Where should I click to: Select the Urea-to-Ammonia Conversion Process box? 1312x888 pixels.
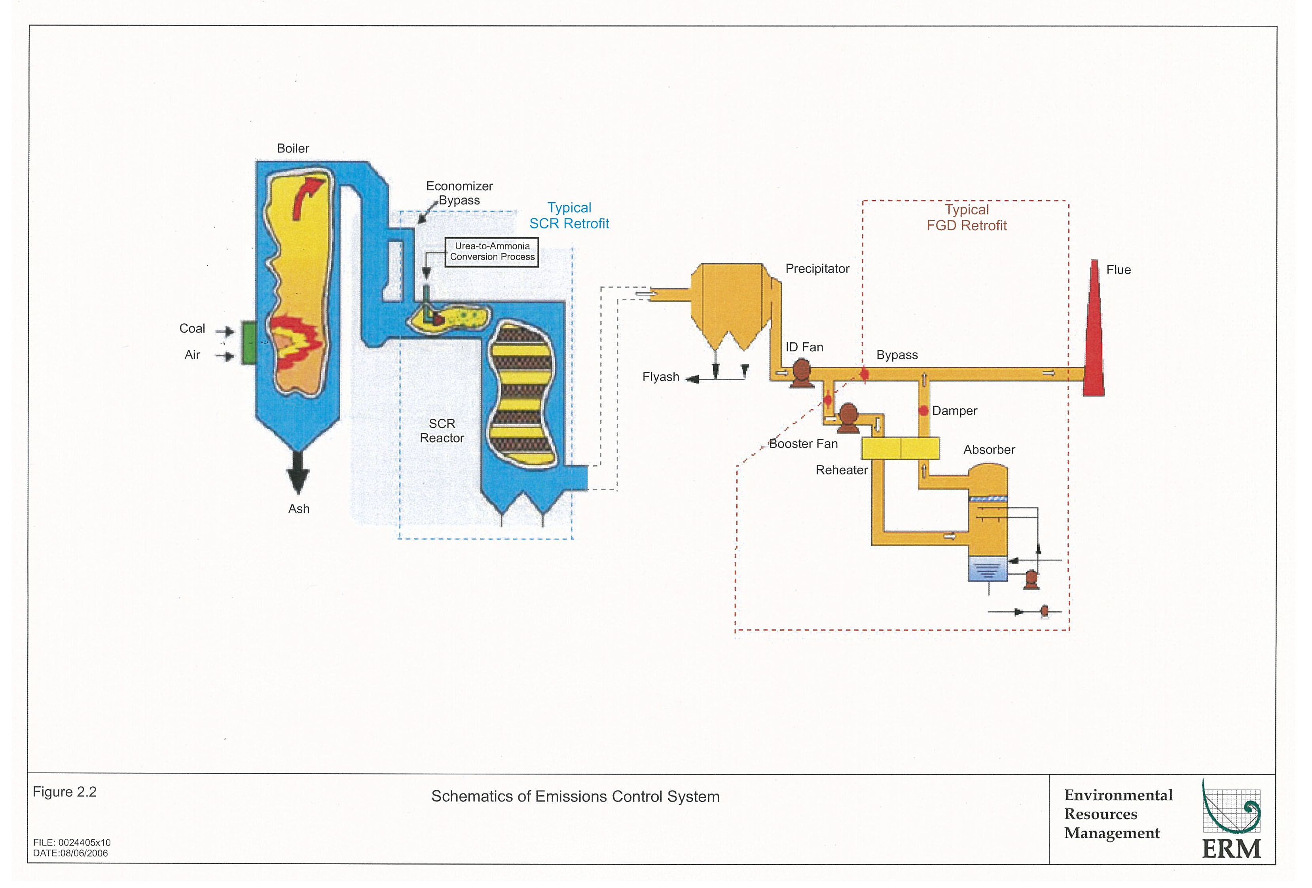(492, 252)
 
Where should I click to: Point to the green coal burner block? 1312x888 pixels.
(248, 342)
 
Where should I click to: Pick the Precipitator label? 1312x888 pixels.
(817, 269)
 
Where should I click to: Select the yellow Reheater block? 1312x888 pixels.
(900, 448)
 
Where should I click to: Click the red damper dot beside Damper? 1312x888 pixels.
(923, 410)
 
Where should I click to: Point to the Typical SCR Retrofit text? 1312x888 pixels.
(569, 216)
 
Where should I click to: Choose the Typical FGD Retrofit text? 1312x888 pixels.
(967, 217)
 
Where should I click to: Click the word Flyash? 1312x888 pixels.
(660, 377)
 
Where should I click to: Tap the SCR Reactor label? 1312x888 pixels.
(442, 431)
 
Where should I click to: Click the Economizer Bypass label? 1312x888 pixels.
(459, 193)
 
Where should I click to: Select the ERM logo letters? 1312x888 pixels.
(1231, 848)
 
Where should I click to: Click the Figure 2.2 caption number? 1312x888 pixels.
(64, 792)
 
